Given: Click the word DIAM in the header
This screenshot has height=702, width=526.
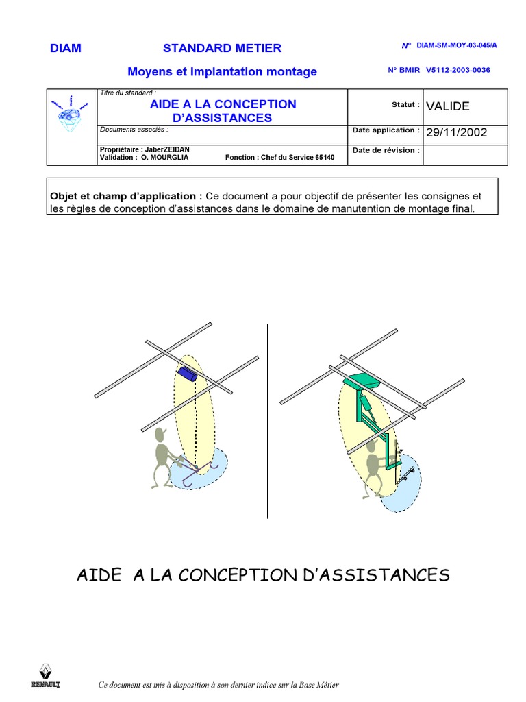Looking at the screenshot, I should coord(66,48).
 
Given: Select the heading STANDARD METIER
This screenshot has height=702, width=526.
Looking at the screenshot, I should coord(222,48).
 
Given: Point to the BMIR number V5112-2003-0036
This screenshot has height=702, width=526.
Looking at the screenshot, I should coord(458,70).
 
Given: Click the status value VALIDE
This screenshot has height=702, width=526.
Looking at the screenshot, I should coord(448,106).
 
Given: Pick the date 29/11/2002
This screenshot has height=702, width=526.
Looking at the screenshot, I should coord(456,132).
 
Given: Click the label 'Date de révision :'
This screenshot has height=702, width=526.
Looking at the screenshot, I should coord(386,150).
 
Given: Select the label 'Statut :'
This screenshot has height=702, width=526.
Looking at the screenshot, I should coord(405,105).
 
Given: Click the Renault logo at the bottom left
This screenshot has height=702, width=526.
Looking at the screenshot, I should coord(45,675).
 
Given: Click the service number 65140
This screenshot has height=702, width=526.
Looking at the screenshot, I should coord(325,158).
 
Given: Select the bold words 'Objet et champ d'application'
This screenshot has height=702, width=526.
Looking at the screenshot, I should coord(125,195).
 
